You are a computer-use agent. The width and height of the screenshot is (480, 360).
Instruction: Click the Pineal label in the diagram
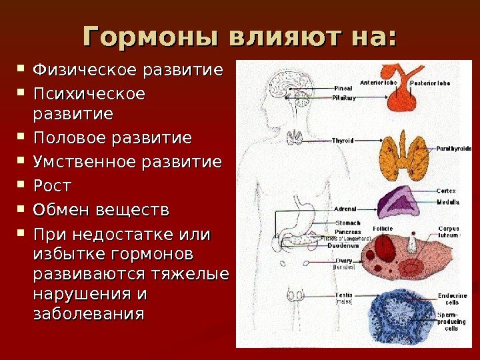[x=344, y=87]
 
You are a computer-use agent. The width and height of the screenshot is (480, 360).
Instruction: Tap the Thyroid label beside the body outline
[x=343, y=141]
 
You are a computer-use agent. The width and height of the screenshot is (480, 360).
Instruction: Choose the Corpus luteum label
[x=448, y=232]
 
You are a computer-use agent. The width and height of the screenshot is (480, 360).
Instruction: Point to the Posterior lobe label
[x=429, y=83]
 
